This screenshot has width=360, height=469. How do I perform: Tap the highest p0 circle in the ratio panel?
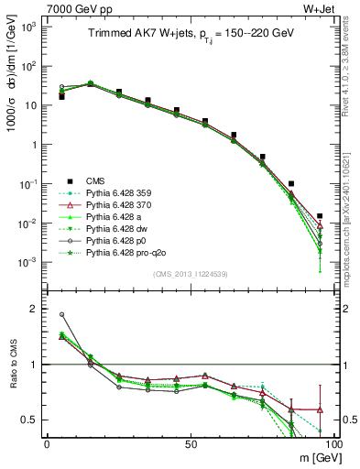[x=61, y=314]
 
